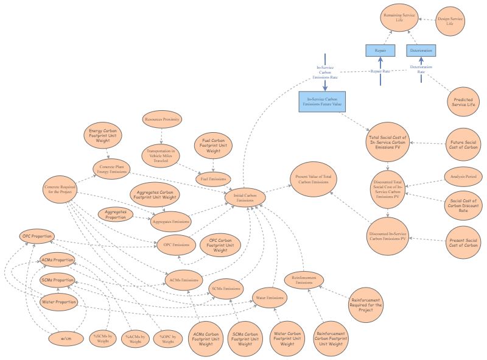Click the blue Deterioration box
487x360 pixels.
click(421, 50)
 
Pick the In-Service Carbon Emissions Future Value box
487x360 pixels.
click(323, 102)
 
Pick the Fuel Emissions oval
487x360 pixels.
click(214, 179)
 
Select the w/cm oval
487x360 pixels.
click(65, 339)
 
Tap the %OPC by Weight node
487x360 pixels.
click(167, 339)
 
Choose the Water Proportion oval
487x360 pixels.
click(58, 302)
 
